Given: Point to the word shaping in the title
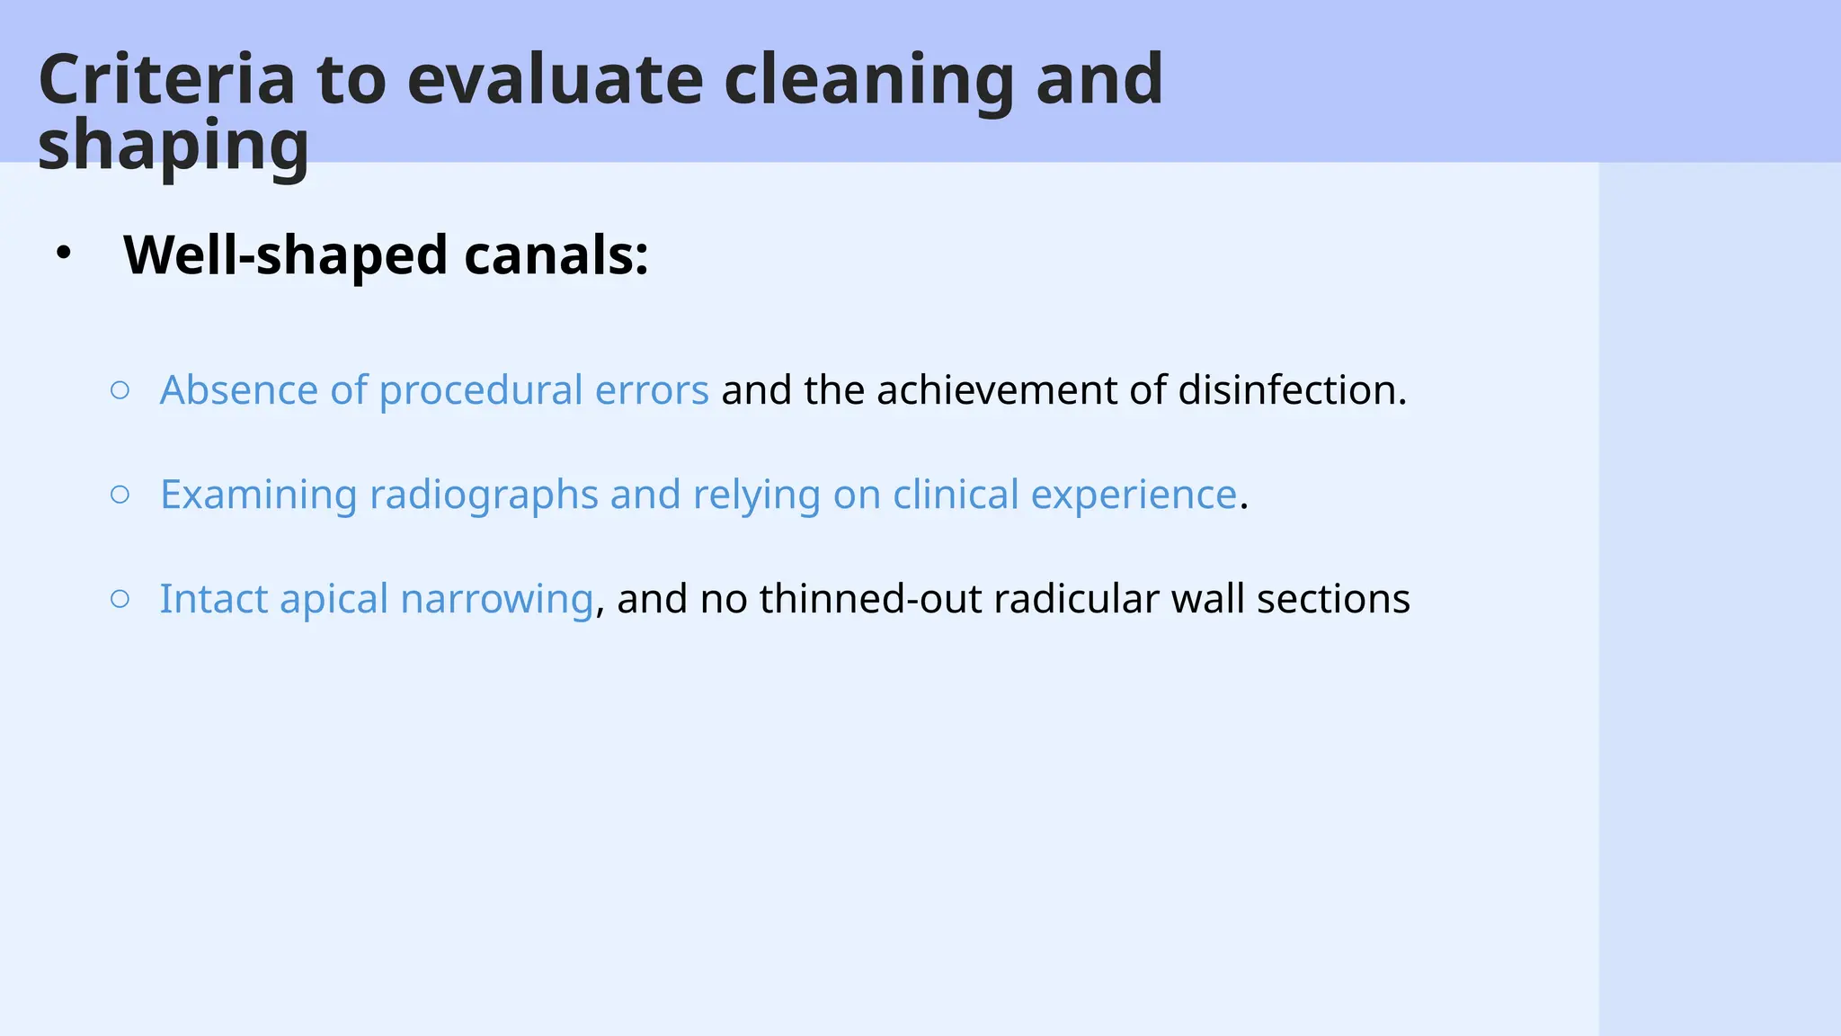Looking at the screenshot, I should (x=173, y=146).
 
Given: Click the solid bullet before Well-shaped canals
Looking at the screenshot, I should (x=62, y=255).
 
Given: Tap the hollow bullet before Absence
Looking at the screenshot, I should (x=120, y=389).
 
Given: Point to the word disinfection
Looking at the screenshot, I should (x=1292, y=390).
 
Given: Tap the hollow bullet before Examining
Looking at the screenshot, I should (x=120, y=494).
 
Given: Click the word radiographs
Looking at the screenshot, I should (x=484, y=495).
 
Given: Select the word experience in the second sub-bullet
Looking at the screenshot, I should (x=1134, y=495).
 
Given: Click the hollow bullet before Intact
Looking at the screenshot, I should (x=120, y=598).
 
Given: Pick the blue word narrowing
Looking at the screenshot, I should (x=497, y=599).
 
